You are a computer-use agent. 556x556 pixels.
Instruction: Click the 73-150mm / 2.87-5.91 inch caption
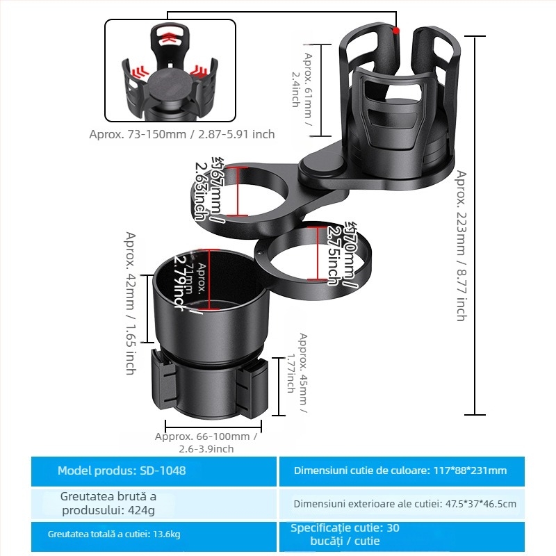click(182, 134)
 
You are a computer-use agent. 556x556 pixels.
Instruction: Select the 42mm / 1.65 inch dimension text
click(130, 303)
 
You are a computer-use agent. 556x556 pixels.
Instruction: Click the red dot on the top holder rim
click(396, 31)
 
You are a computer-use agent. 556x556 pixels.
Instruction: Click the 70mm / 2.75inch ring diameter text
click(341, 253)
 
